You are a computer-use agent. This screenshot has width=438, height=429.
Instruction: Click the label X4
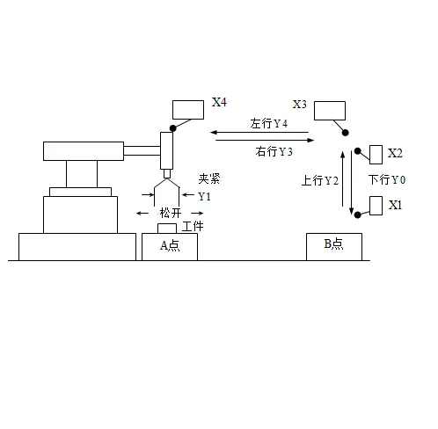pos(219,103)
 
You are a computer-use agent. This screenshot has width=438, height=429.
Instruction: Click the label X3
pos(299,105)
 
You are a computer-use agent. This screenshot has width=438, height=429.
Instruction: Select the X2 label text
pos(395,153)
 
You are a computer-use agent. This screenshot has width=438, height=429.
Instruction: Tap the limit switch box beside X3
pos(329,111)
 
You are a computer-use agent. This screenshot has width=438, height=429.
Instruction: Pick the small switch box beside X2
pos(376,155)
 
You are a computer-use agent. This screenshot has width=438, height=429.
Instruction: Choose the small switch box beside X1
pos(376,206)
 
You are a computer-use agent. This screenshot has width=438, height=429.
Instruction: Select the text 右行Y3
pos(274,152)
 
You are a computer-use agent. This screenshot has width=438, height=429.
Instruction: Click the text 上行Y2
pos(320,181)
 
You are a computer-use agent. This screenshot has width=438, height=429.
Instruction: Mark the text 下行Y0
pos(387,180)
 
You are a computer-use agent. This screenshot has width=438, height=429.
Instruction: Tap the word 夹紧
pos(208,178)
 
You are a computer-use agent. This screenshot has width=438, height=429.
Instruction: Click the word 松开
pos(170,213)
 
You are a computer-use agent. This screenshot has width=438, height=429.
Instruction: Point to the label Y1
pos(204,196)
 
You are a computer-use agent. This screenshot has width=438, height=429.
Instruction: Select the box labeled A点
pos(169,247)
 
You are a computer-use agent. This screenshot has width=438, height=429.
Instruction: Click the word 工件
pos(193,227)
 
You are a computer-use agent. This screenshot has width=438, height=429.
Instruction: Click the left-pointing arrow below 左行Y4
pos(260,134)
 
